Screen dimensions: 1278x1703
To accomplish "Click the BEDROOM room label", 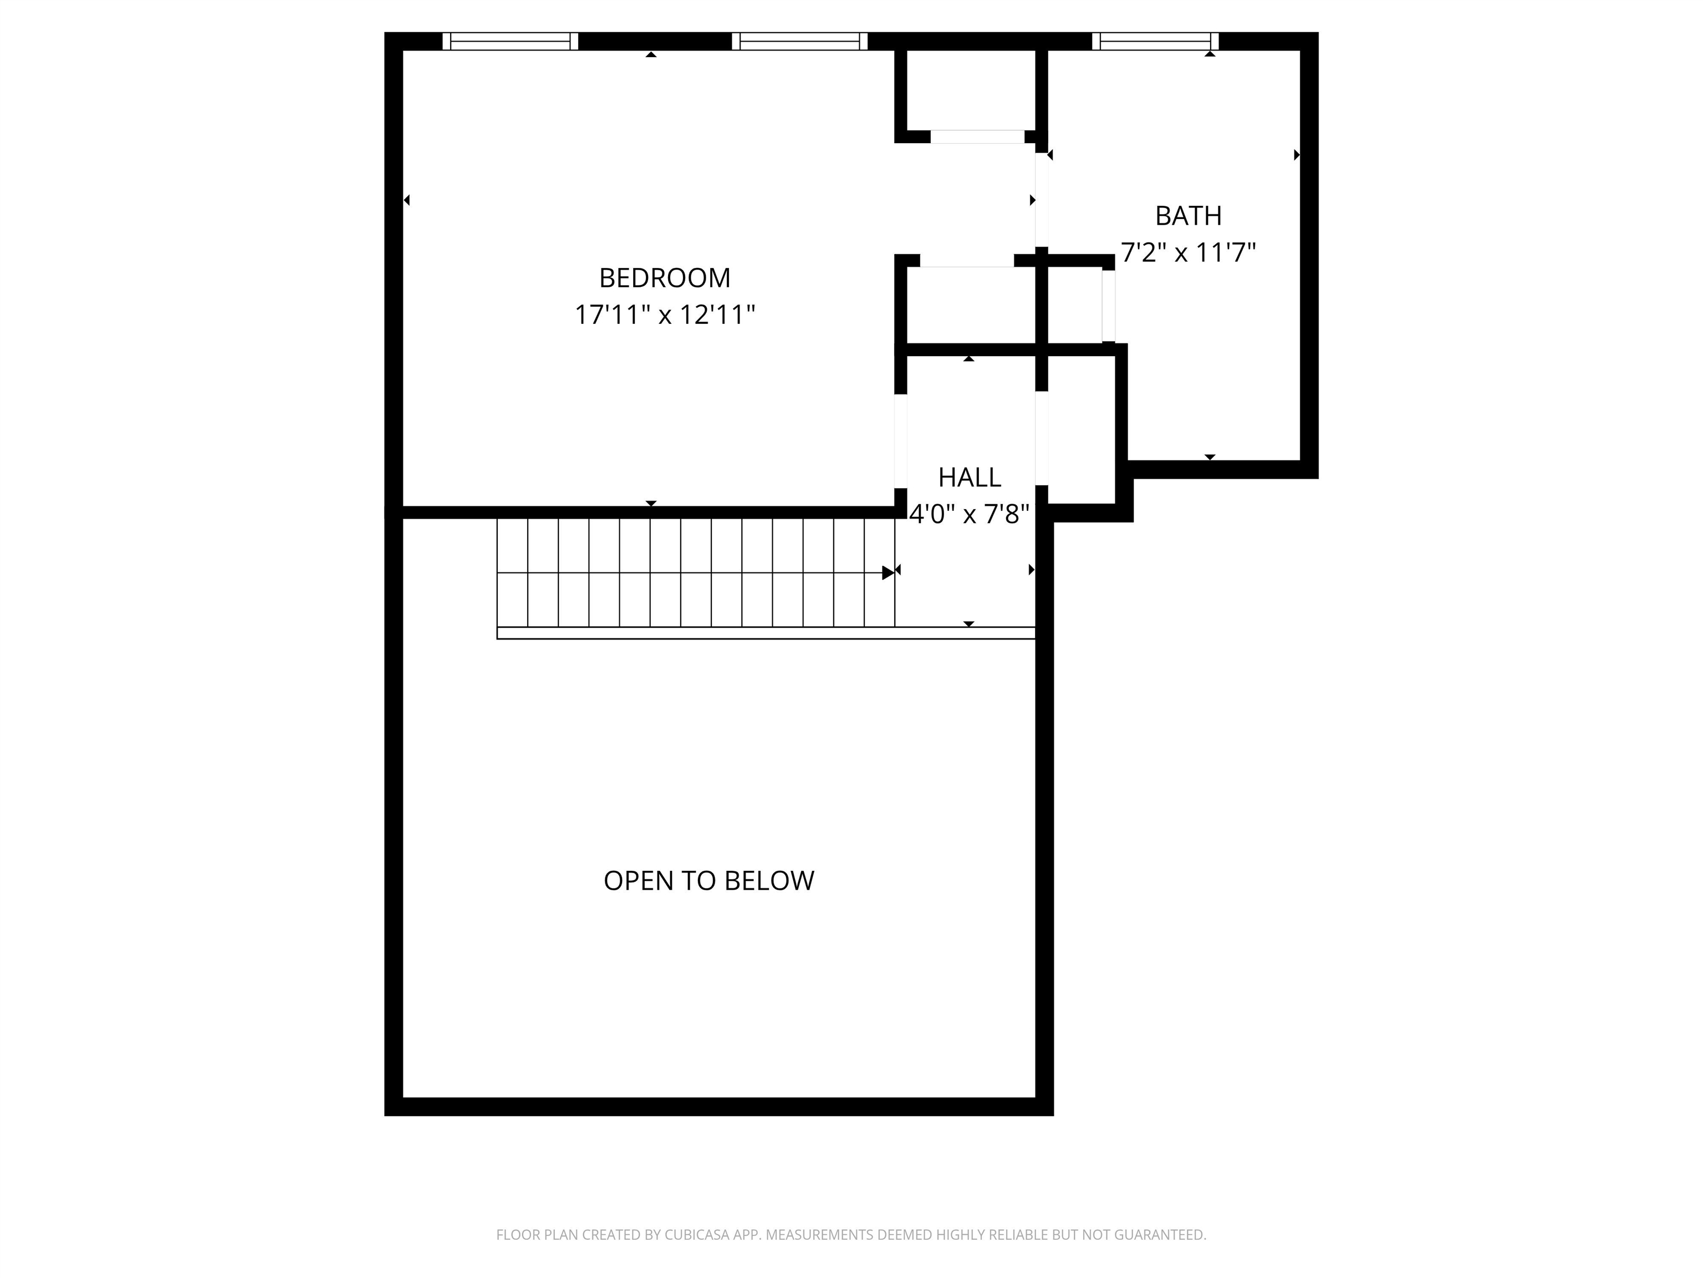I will pos(665,277).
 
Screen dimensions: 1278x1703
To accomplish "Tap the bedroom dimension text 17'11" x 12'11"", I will pos(665,315).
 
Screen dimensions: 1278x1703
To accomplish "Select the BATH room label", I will pos(1188,216).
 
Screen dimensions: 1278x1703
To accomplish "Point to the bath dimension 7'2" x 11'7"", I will pos(1188,253).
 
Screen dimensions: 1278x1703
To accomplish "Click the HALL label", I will pos(969,478).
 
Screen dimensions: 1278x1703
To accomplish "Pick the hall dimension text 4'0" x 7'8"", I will pos(969,514).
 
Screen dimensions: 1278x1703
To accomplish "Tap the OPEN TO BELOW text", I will pos(708,880).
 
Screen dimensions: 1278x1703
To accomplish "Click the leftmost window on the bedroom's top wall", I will pos(511,41).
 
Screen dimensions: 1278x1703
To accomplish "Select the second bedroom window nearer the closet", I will pos(799,41).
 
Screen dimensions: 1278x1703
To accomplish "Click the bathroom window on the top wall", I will pos(1155,41).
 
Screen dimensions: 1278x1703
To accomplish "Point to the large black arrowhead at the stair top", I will pos(888,572).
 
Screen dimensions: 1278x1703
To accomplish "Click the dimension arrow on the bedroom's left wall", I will pos(406,200).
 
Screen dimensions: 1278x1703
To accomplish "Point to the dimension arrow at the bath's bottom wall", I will pos(1210,458).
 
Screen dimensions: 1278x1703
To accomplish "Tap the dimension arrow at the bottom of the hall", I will pos(969,624).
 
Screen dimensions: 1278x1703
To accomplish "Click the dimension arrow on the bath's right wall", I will pos(1297,155).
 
